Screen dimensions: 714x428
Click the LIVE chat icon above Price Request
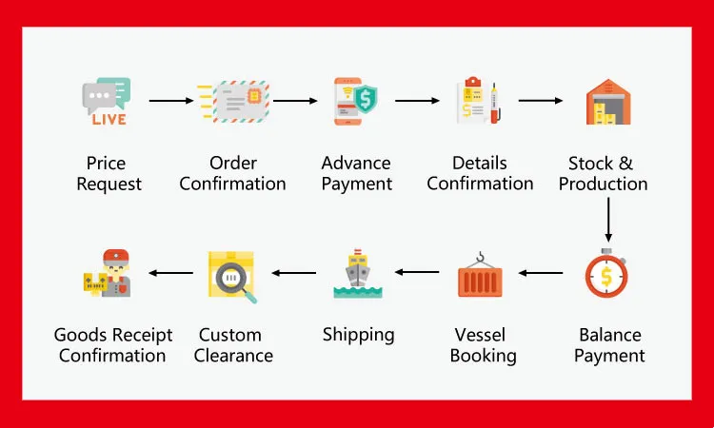pos(106,101)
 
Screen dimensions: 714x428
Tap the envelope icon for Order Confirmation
pos(232,101)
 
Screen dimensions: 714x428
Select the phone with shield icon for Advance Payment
pos(356,101)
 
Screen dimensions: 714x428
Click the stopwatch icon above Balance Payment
pos(607,273)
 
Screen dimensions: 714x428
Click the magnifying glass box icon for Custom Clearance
pos(233,275)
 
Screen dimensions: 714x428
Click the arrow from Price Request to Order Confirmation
pos(171,100)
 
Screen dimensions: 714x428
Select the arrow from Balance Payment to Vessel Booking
pos(541,274)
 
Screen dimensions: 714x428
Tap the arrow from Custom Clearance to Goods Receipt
pos(170,274)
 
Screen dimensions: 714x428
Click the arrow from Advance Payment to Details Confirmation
pos(417,100)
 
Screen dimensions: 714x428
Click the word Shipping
pos(358,335)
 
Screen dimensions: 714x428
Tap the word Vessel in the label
pos(481,336)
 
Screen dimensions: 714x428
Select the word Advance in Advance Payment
pos(356,164)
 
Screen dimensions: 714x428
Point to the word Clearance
pos(233,357)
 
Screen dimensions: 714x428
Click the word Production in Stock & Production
pos(603,185)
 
